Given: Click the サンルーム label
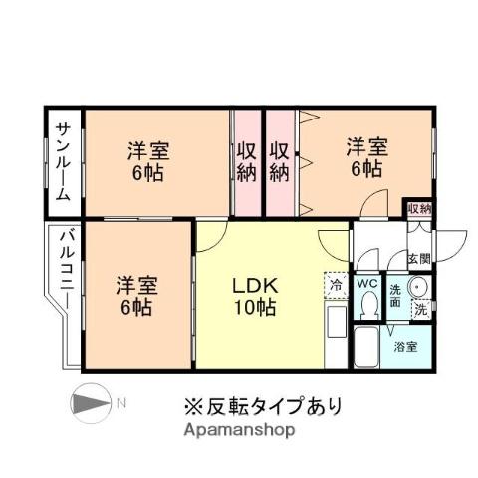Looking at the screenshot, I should [x=63, y=161].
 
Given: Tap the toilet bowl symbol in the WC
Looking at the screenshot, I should [x=365, y=309].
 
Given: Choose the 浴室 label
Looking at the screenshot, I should [x=405, y=348].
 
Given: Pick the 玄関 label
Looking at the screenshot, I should [x=418, y=259].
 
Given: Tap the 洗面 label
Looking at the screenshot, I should [x=395, y=295].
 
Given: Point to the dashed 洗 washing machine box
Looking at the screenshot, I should [x=420, y=310].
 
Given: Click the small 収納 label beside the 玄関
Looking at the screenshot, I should [x=419, y=208].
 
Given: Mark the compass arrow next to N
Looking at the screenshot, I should [x=92, y=403].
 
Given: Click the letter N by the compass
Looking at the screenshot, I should [x=119, y=403].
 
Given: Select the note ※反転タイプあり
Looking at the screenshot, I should [x=261, y=406].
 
